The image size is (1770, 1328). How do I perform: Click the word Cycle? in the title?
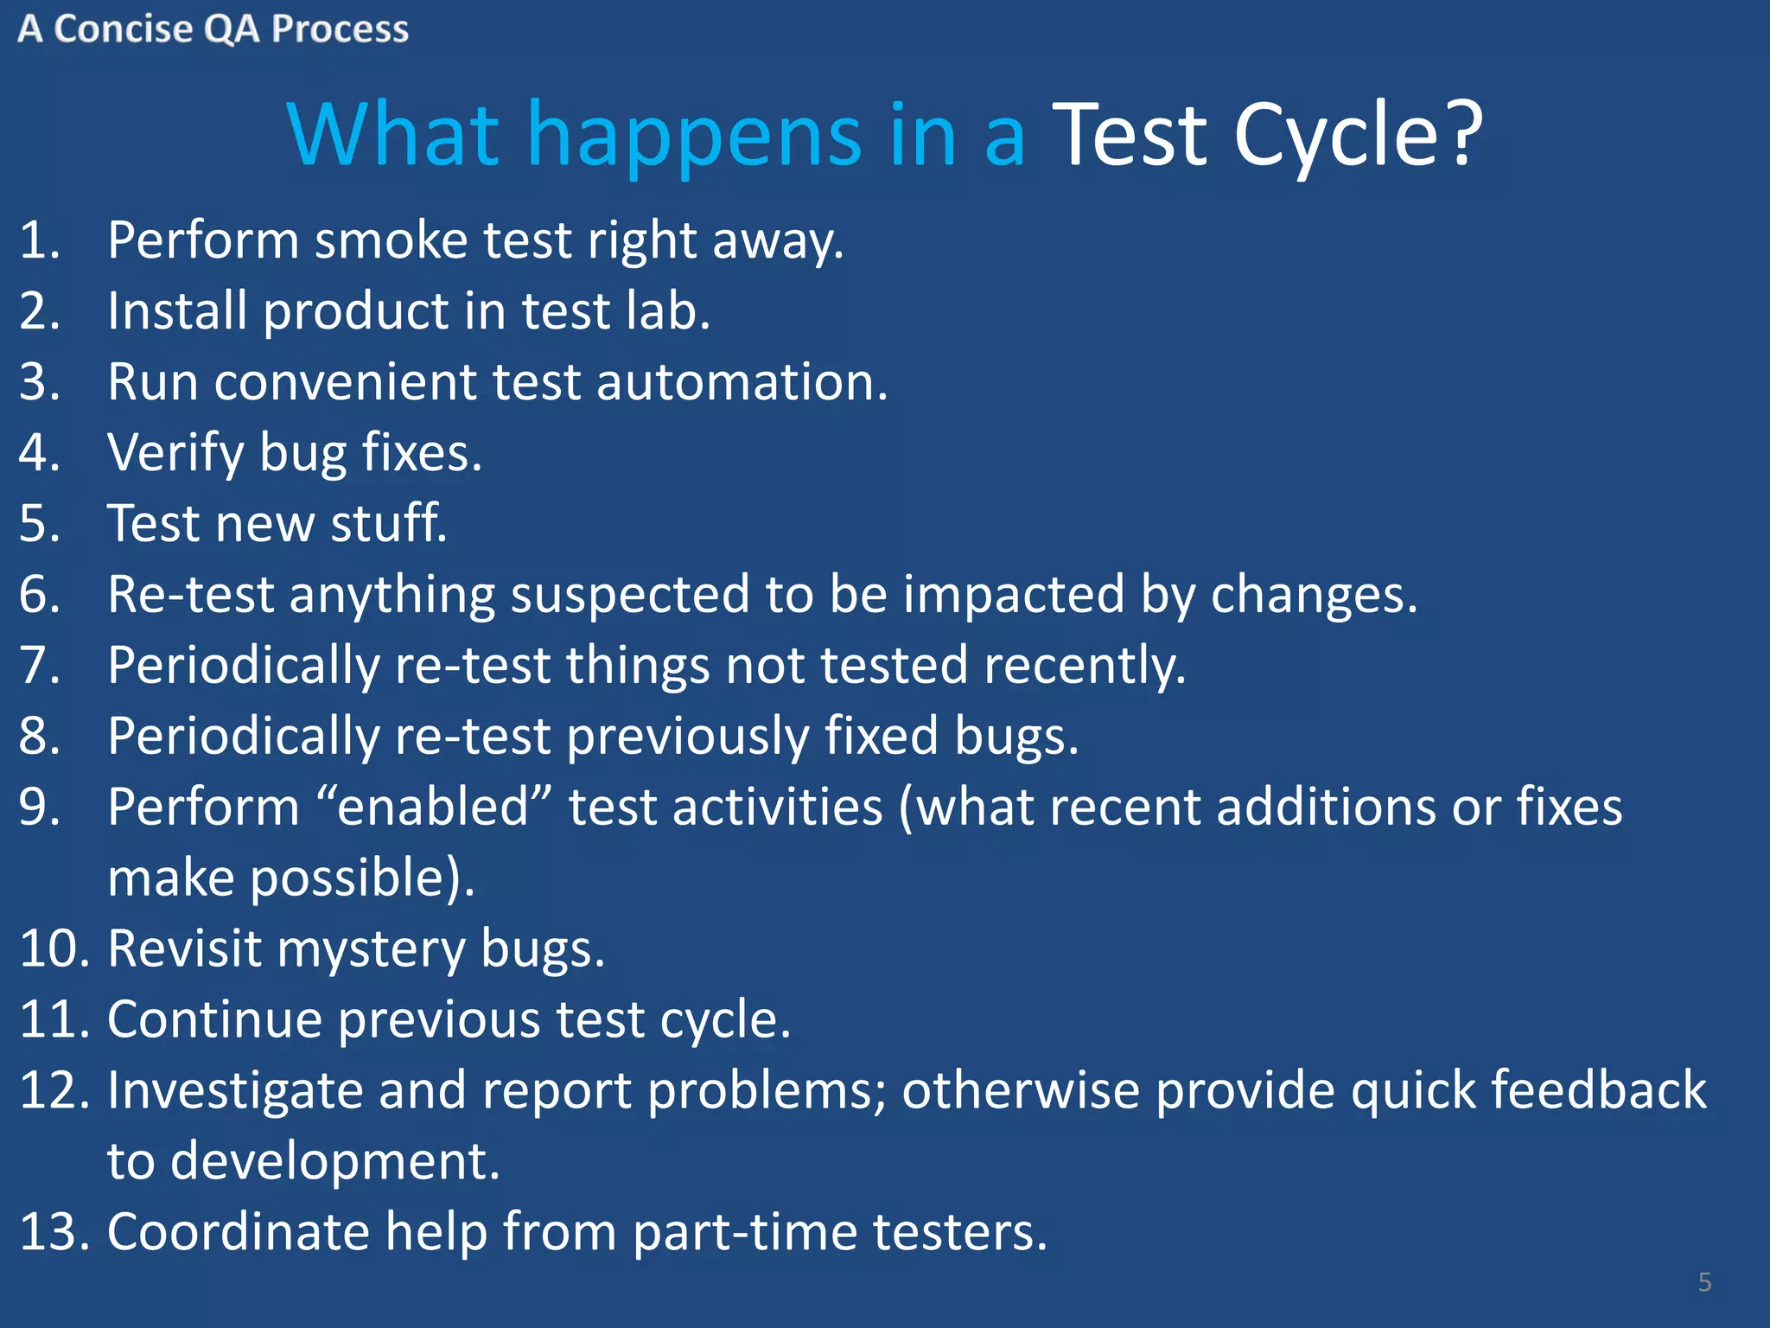[1357, 136]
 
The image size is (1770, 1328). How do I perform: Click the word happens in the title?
[693, 136]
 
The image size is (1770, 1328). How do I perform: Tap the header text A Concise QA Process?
[213, 29]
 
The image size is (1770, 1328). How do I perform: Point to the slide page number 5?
[1704, 1281]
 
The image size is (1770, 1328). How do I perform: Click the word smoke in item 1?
[391, 240]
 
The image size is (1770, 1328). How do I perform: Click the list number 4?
[39, 453]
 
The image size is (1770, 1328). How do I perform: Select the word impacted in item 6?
[1013, 595]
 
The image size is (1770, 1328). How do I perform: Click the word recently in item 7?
[1079, 666]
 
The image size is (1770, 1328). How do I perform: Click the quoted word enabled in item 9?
[433, 808]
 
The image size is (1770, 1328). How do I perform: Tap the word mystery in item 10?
[371, 949]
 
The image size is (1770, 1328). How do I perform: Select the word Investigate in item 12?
[235, 1091]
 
